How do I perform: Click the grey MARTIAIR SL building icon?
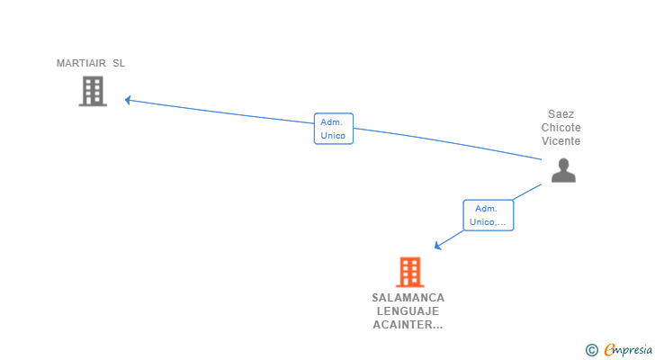click(x=93, y=91)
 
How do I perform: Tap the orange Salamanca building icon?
click(x=409, y=272)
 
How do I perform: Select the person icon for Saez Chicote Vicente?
click(x=563, y=170)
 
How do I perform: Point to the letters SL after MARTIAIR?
click(x=119, y=63)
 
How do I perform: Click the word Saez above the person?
click(x=561, y=114)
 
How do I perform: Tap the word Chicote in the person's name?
click(x=561, y=128)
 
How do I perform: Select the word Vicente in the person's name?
click(x=561, y=141)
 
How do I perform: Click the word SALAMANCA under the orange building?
click(x=408, y=298)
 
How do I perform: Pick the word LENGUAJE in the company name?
click(x=408, y=311)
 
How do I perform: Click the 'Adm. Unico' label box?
click(x=333, y=129)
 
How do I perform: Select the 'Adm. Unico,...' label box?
click(x=489, y=215)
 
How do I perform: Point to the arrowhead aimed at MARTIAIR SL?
click(x=128, y=100)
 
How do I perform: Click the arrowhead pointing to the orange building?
click(x=437, y=245)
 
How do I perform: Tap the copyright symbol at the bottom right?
click(x=591, y=350)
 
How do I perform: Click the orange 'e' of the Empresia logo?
click(x=609, y=350)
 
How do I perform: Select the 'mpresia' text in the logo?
click(x=633, y=349)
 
